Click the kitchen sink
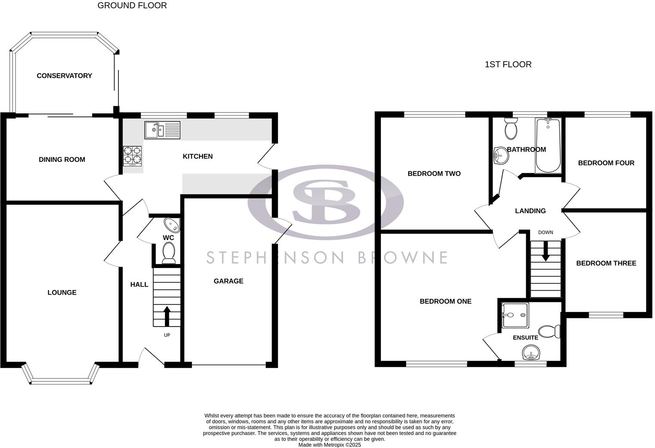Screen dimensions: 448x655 pos(162,130)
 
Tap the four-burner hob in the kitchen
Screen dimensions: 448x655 pos(132,156)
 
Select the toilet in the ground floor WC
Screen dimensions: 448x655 pos(168,252)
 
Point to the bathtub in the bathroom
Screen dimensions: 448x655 pos(548,146)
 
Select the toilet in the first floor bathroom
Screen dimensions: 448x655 pos(511,128)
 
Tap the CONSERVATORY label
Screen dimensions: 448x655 pos(64,76)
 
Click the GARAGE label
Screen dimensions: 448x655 pos(228,281)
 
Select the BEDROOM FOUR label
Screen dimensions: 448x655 pos(606,163)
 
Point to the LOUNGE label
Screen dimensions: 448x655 pos(62,292)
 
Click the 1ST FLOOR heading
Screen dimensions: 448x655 pos(508,65)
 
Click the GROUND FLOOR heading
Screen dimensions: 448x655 pos(132,6)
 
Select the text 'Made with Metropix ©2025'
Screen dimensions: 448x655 pos(330,445)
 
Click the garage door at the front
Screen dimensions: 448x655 pos(229,365)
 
